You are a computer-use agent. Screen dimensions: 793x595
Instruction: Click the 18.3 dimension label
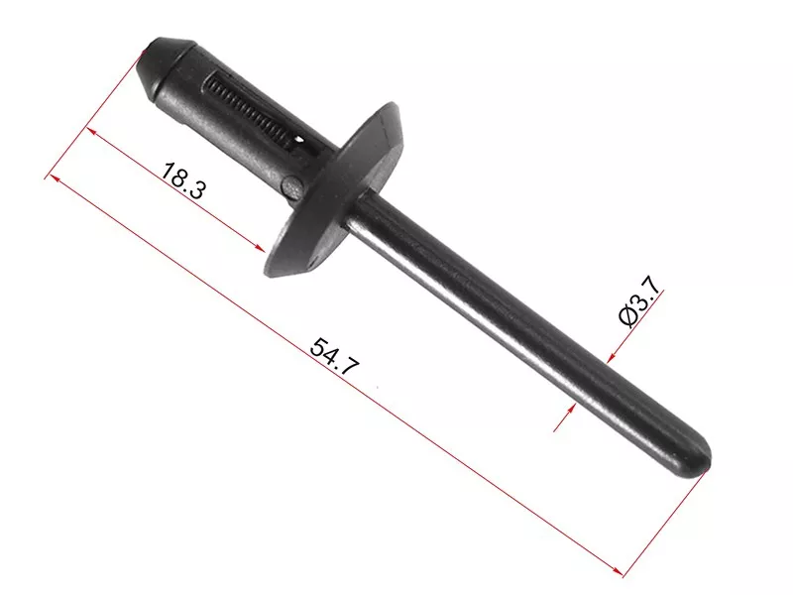(183, 180)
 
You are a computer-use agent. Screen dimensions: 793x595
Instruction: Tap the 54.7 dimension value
(335, 357)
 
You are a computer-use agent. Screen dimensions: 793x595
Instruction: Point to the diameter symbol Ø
(628, 316)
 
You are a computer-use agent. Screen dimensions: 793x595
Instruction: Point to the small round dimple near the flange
(291, 185)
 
